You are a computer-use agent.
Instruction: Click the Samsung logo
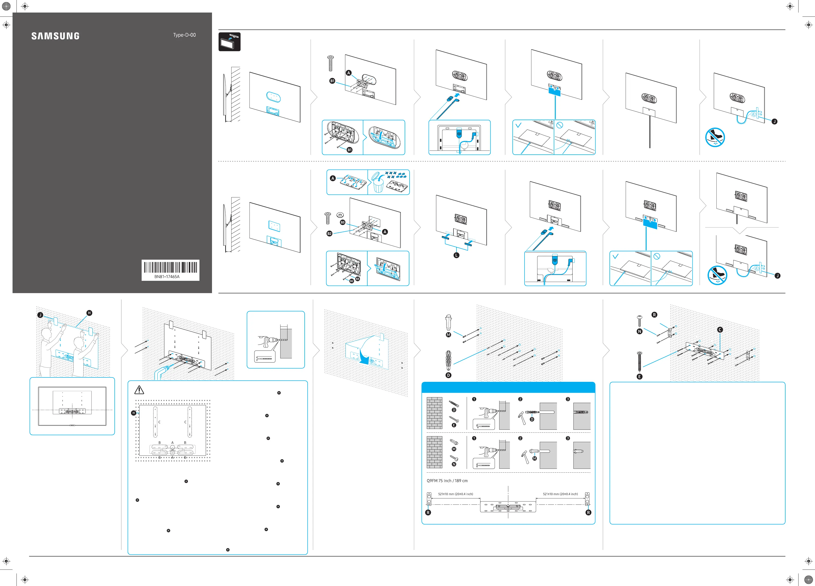[x=55, y=36]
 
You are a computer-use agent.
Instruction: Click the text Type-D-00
[x=184, y=35]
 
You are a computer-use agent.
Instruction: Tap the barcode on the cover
[x=170, y=268]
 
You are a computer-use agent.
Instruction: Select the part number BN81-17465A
[x=167, y=277]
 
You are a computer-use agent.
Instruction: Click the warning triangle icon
[x=139, y=390]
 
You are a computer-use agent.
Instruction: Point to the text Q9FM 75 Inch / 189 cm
[x=447, y=481]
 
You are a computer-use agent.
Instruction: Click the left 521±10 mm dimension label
[x=455, y=494]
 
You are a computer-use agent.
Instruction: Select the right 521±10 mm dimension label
[x=560, y=494]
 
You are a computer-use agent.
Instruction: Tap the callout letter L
[x=456, y=255]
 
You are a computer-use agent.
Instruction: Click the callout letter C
[x=720, y=330]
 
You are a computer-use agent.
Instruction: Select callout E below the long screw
[x=639, y=377]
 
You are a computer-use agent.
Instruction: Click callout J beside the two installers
[x=40, y=315]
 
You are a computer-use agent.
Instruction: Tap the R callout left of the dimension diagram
[x=428, y=512]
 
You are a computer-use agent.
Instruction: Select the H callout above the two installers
[x=89, y=313]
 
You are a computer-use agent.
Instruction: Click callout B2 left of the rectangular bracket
[x=329, y=234]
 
